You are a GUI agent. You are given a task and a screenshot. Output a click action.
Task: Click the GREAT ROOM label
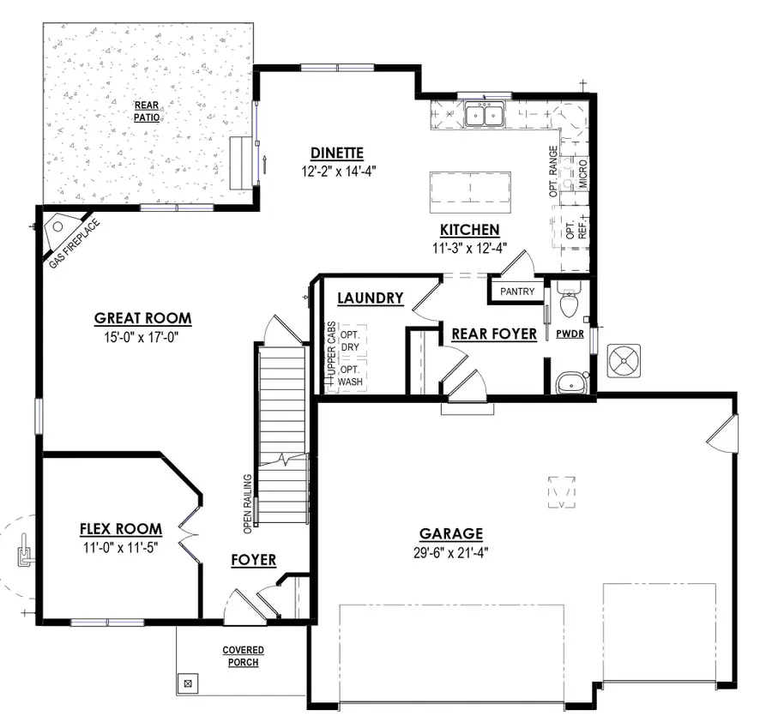click(142, 318)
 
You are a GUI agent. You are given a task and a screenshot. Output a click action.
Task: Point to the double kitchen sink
click(484, 114)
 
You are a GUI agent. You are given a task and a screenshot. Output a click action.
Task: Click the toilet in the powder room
click(567, 304)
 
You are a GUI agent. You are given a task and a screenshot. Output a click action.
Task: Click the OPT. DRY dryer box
click(349, 341)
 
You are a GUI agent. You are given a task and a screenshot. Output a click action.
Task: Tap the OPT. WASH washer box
click(349, 376)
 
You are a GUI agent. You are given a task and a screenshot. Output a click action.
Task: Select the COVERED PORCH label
click(243, 656)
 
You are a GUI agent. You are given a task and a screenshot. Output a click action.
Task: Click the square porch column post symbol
click(188, 683)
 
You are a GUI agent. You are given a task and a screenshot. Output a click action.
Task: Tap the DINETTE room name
click(337, 153)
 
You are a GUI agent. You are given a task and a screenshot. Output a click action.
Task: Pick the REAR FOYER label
click(493, 334)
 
